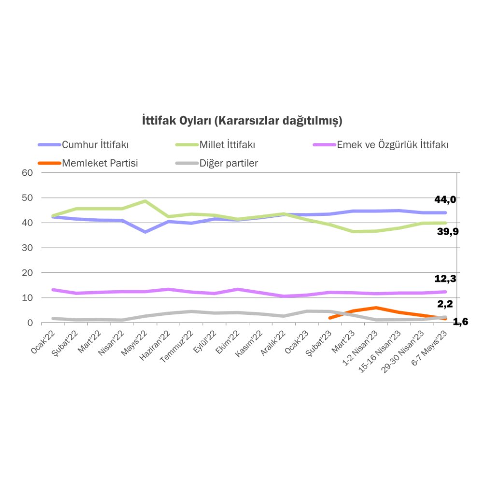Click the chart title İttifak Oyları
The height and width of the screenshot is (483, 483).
(x=242, y=120)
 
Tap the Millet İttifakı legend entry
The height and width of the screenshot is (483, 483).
(x=227, y=144)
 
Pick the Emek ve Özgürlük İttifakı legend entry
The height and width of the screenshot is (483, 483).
(x=392, y=144)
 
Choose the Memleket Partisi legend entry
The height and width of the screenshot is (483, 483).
(x=100, y=163)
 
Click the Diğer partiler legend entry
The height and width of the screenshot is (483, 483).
(x=228, y=163)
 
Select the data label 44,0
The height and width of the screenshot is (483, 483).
(x=445, y=199)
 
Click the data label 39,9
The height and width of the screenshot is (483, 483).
(x=447, y=232)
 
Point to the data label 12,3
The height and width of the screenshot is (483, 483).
(x=445, y=279)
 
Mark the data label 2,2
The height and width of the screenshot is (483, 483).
(x=445, y=304)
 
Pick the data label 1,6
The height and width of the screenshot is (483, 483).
(x=460, y=322)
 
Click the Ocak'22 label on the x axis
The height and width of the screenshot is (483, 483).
(x=42, y=343)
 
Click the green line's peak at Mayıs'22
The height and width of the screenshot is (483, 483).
(x=145, y=201)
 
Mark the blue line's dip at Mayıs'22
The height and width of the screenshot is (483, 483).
(x=145, y=232)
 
